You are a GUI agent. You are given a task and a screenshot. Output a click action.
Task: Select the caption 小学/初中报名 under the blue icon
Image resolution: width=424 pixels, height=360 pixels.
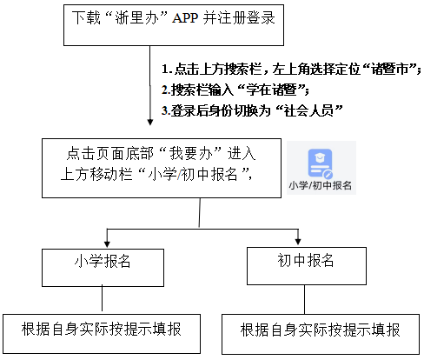tap(321, 186)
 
